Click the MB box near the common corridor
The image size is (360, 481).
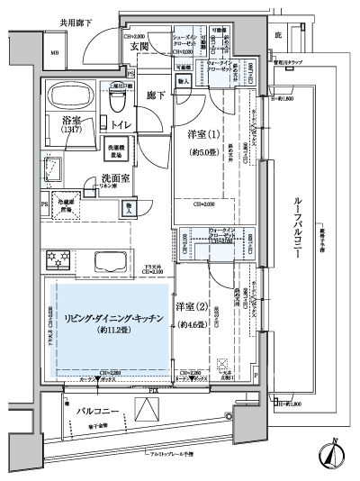coord(56,52)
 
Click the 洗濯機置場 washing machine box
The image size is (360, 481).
coord(118,150)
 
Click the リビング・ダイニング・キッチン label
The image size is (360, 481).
coord(106,316)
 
